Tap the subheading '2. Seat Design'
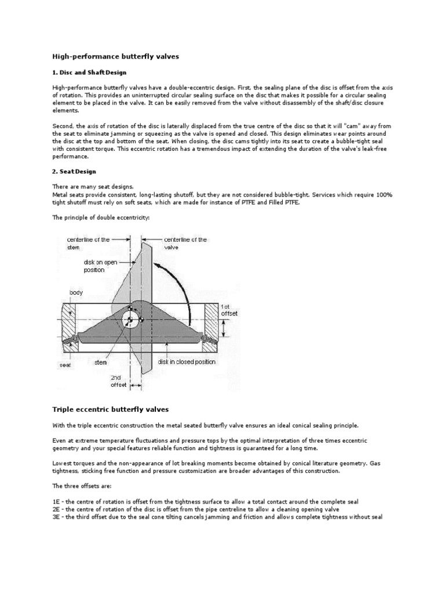(x=74, y=171)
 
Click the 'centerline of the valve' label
(x=185, y=243)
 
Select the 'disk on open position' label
(x=101, y=266)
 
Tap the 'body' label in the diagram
(x=76, y=292)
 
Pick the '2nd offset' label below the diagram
(x=118, y=381)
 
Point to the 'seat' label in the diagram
(x=65, y=365)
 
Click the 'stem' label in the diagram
(x=101, y=361)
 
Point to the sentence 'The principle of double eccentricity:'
(x=93, y=218)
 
